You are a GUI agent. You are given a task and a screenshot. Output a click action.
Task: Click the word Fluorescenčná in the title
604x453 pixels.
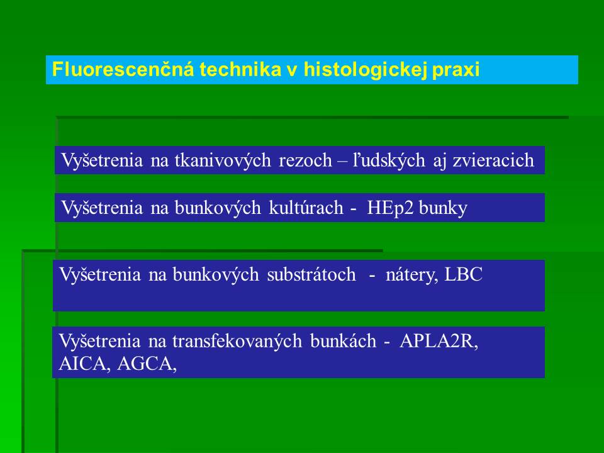(x=123, y=69)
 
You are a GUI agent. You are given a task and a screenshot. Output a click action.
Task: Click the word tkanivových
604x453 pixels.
(x=223, y=160)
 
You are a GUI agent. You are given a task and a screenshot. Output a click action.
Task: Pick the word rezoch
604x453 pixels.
(x=305, y=160)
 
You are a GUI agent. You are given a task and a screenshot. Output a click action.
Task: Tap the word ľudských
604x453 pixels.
(x=389, y=160)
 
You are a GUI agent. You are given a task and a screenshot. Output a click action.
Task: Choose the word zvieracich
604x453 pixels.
(x=493, y=160)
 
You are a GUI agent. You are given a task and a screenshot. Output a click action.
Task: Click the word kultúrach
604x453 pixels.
(x=306, y=208)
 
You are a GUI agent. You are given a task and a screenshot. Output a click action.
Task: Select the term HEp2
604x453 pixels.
(x=390, y=208)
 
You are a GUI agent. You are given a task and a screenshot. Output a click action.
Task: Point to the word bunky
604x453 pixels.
(x=442, y=208)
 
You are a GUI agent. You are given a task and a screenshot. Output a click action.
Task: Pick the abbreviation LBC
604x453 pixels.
(x=464, y=274)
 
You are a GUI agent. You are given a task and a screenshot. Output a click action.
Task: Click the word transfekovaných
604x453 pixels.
(x=237, y=341)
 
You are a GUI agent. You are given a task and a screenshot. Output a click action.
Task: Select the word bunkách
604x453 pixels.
(x=343, y=341)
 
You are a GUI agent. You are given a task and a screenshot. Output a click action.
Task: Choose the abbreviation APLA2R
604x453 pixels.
(x=439, y=341)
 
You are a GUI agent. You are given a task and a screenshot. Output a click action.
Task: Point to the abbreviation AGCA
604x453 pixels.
(x=147, y=364)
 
